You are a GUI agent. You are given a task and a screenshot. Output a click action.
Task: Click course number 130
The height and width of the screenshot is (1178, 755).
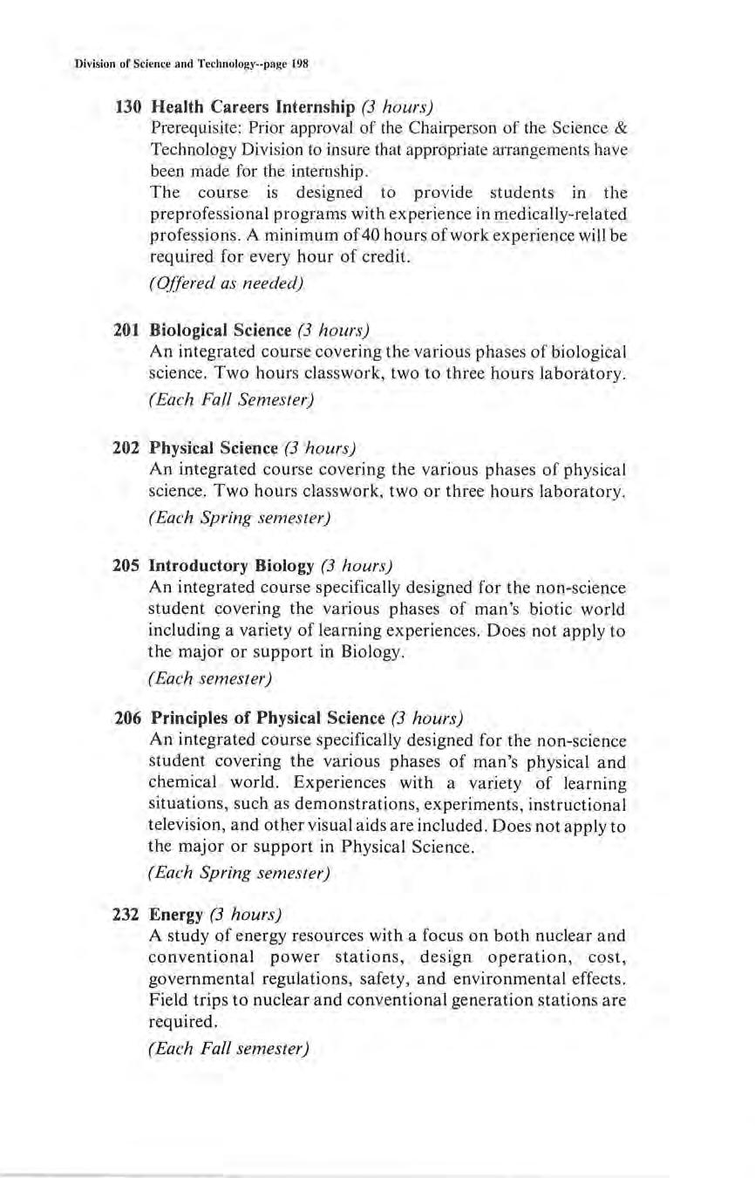[x=128, y=108]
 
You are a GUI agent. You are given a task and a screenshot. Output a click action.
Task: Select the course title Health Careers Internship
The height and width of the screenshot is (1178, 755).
[x=252, y=108]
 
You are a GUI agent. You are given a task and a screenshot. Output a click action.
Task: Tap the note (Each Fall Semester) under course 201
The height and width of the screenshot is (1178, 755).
[x=231, y=400]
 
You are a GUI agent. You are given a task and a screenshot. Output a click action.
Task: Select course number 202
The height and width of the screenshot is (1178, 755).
[x=128, y=448]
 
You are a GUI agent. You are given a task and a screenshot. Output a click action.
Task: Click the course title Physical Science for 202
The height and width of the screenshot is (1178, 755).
[x=213, y=448]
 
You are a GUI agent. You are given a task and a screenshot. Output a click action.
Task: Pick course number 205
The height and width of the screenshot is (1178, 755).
[x=128, y=564]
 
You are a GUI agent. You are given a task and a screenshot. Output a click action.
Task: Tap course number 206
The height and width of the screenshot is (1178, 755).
[x=128, y=718]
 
